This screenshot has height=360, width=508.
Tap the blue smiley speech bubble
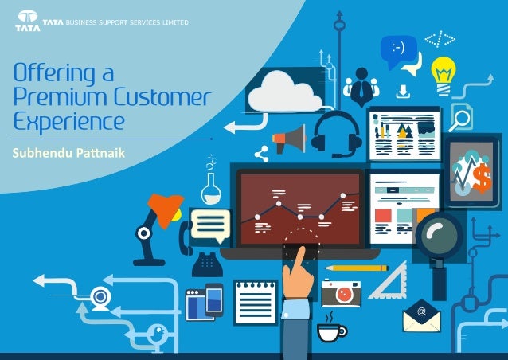tap(398, 49)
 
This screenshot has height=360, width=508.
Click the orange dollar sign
tap(481, 180)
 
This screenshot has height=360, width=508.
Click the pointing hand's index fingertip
tap(299, 252)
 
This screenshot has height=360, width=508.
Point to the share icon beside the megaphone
tap(261, 155)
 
